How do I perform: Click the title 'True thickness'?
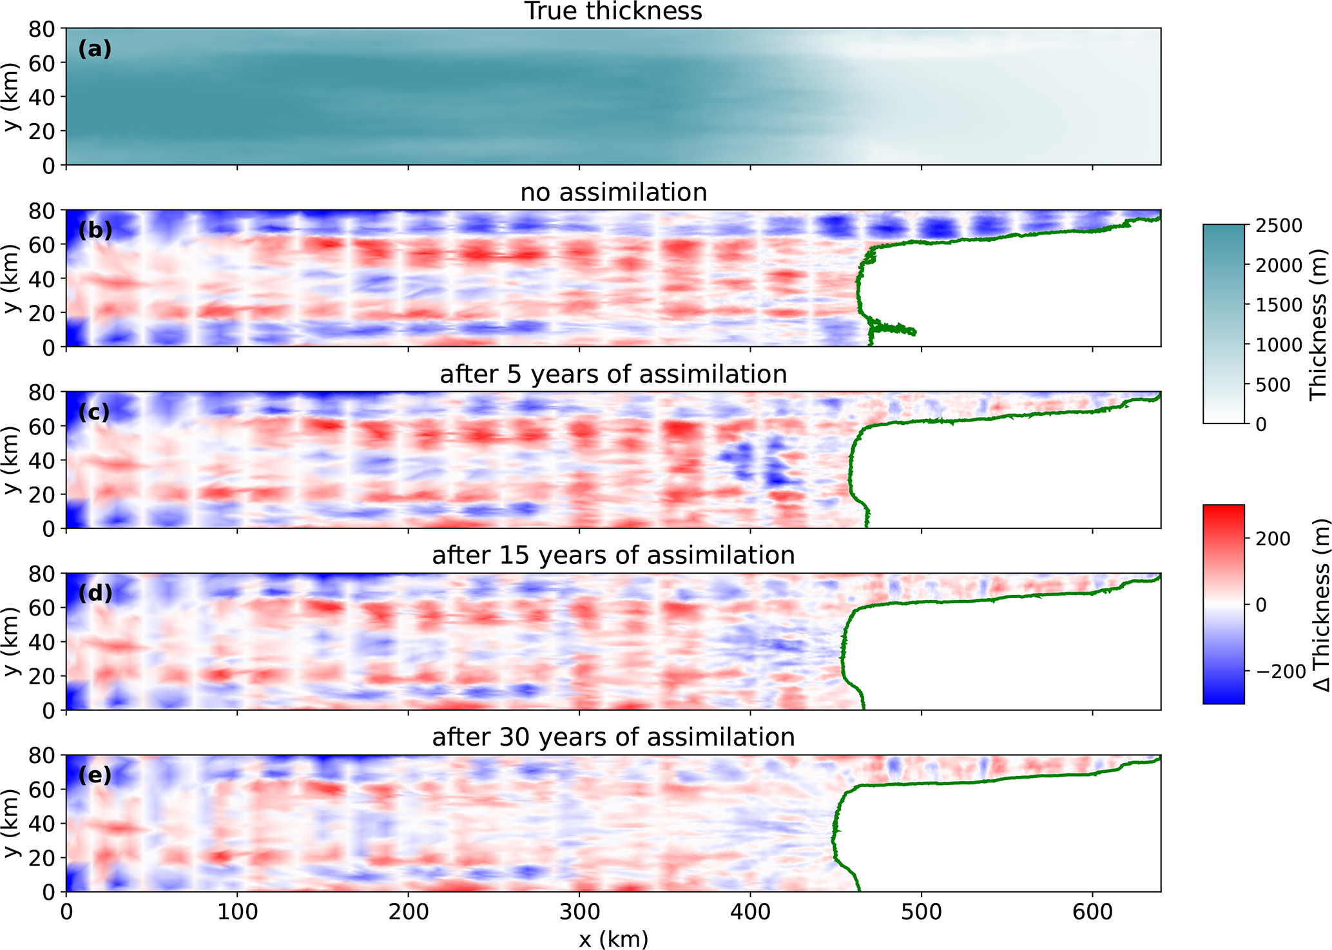click(x=613, y=12)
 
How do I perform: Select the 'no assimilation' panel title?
click(x=613, y=193)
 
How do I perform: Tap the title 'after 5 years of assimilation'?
click(x=613, y=374)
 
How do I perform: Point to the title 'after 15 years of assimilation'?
click(x=613, y=556)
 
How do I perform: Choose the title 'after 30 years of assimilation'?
click(x=613, y=737)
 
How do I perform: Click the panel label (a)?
click(x=95, y=49)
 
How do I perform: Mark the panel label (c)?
click(x=95, y=412)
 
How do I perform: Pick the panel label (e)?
click(x=95, y=775)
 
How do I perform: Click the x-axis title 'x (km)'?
click(x=613, y=939)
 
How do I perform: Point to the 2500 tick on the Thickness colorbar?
click(x=1279, y=226)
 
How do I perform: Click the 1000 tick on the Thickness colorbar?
click(x=1279, y=345)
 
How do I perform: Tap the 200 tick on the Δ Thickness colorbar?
click(x=1273, y=539)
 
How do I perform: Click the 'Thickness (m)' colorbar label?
click(x=1319, y=324)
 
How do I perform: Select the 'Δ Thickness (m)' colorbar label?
click(x=1319, y=604)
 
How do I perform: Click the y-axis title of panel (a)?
click(x=12, y=97)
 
